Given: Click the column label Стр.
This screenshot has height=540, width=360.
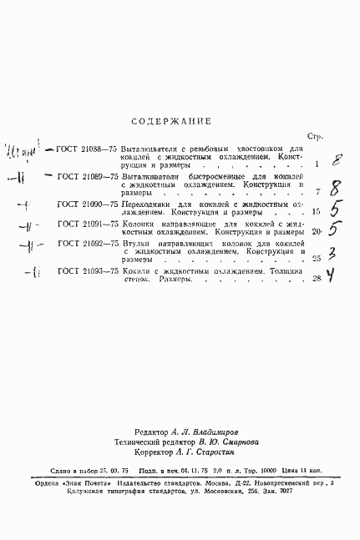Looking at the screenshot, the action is (315, 136).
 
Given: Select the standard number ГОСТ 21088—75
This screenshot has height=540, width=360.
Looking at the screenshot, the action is (87, 149).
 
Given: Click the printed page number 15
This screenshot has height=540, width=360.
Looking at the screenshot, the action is (316, 213).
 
